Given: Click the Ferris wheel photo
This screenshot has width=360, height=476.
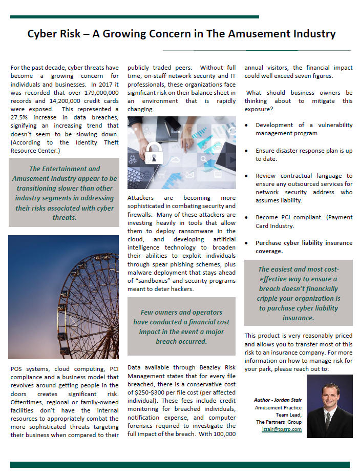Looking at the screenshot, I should pyautogui.click(x=63, y=297).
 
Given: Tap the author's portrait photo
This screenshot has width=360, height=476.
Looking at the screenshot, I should pyautogui.click(x=329, y=406).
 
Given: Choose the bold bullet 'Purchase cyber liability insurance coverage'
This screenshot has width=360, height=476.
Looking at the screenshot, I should pyautogui.click(x=304, y=247).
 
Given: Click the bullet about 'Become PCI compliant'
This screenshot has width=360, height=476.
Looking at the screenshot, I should pyautogui.click(x=304, y=221).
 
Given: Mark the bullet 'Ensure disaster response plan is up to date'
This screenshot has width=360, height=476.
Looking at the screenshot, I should pyautogui.click(x=304, y=155).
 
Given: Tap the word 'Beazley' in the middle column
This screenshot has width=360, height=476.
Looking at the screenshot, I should pyautogui.click(x=209, y=367).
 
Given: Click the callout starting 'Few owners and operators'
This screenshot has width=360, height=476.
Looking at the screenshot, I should pyautogui.click(x=181, y=326).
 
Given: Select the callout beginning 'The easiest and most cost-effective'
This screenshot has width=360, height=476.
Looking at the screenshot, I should pyautogui.click(x=299, y=294).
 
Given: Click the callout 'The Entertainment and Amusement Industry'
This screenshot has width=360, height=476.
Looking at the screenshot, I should pyautogui.click(x=65, y=193).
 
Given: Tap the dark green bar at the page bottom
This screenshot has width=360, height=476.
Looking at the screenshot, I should pyautogui.click(x=180, y=465).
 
